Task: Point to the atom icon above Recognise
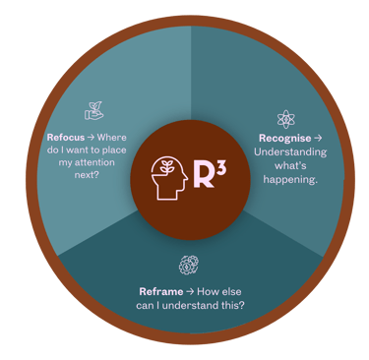pyautogui.click(x=286, y=119)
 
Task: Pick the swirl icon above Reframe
pyautogui.click(x=186, y=265)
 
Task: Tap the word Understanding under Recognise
pyautogui.click(x=287, y=152)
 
